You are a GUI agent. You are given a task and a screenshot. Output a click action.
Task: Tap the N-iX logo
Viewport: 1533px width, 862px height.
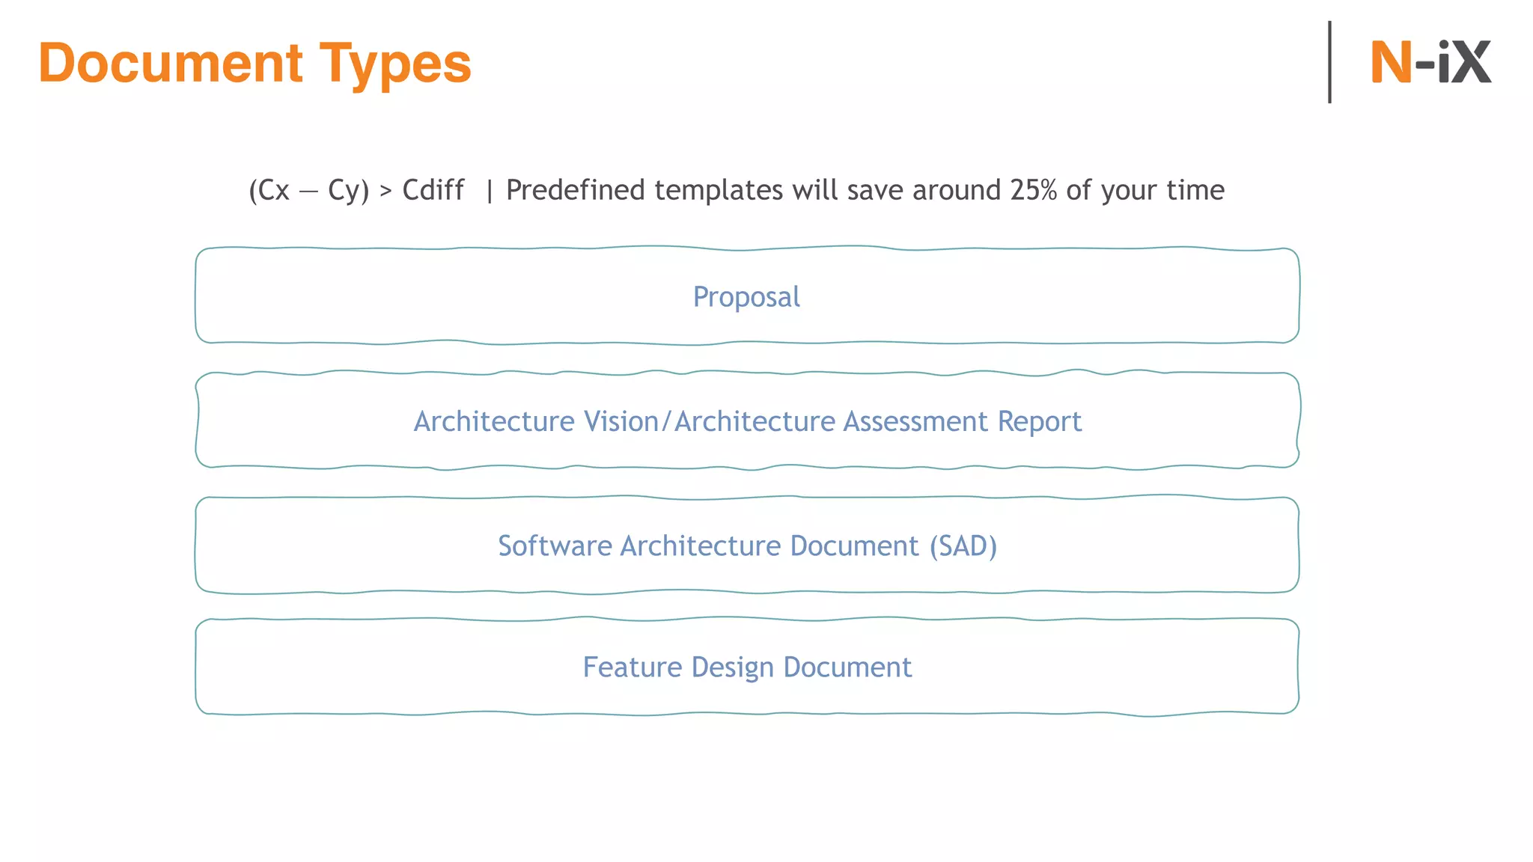pyautogui.click(x=1430, y=62)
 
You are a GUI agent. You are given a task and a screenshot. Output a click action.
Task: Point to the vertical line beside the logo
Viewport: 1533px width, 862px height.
pyautogui.click(x=1329, y=62)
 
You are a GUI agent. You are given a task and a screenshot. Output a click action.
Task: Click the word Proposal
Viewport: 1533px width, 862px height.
pyautogui.click(x=746, y=297)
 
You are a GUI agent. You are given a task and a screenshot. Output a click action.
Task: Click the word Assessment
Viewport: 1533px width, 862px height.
pyautogui.click(x=915, y=421)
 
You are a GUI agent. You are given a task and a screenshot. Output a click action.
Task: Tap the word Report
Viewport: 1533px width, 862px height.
pyautogui.click(x=1040, y=421)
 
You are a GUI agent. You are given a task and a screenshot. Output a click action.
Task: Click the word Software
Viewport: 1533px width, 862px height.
pyautogui.click(x=555, y=545)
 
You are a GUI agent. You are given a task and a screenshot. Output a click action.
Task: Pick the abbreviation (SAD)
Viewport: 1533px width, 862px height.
pyautogui.click(x=963, y=545)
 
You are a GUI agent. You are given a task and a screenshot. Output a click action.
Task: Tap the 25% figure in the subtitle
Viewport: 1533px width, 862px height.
pyautogui.click(x=1033, y=190)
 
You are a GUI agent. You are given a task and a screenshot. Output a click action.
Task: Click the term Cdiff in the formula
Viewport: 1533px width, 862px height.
pyautogui.click(x=433, y=190)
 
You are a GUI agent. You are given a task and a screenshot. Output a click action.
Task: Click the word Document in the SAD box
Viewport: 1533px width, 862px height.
pyautogui.click(x=854, y=545)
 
